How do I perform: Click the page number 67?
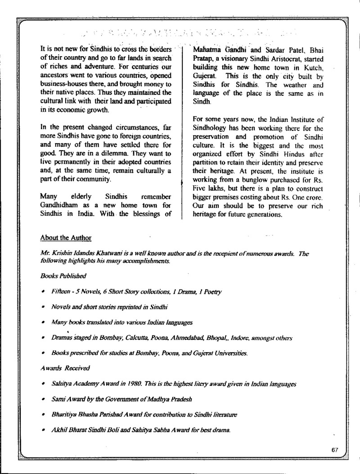point(333,450)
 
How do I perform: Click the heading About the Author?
point(66,237)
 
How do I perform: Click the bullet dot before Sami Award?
point(42,399)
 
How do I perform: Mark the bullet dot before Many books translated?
point(42,322)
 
